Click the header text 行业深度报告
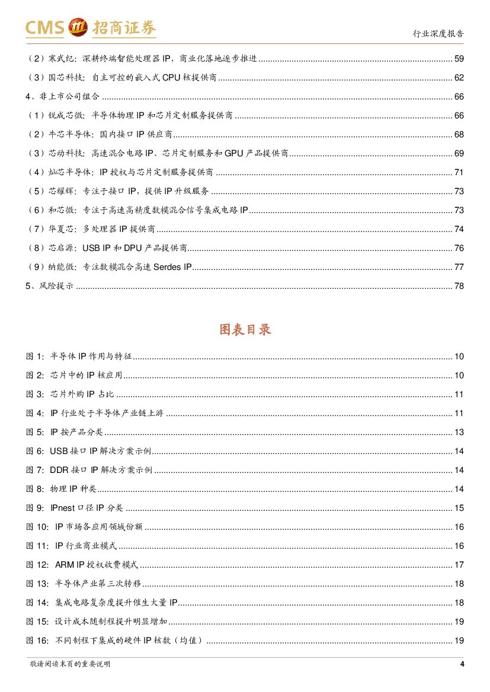pyautogui.click(x=438, y=33)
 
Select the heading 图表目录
pyautogui.click(x=245, y=330)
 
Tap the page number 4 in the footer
pyautogui.click(x=462, y=664)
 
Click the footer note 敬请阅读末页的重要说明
pyautogui.click(x=70, y=664)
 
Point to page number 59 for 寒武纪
pyautogui.click(x=459, y=59)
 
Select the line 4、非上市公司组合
pyautogui.click(x=62, y=96)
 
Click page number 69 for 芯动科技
pyautogui.click(x=459, y=153)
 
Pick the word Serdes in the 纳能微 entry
pyautogui.click(x=167, y=267)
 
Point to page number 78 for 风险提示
pyautogui.click(x=459, y=286)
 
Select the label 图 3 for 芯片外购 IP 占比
pyautogui.click(x=34, y=394)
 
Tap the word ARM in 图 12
pyautogui.click(x=65, y=565)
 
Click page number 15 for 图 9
pyautogui.click(x=459, y=508)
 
